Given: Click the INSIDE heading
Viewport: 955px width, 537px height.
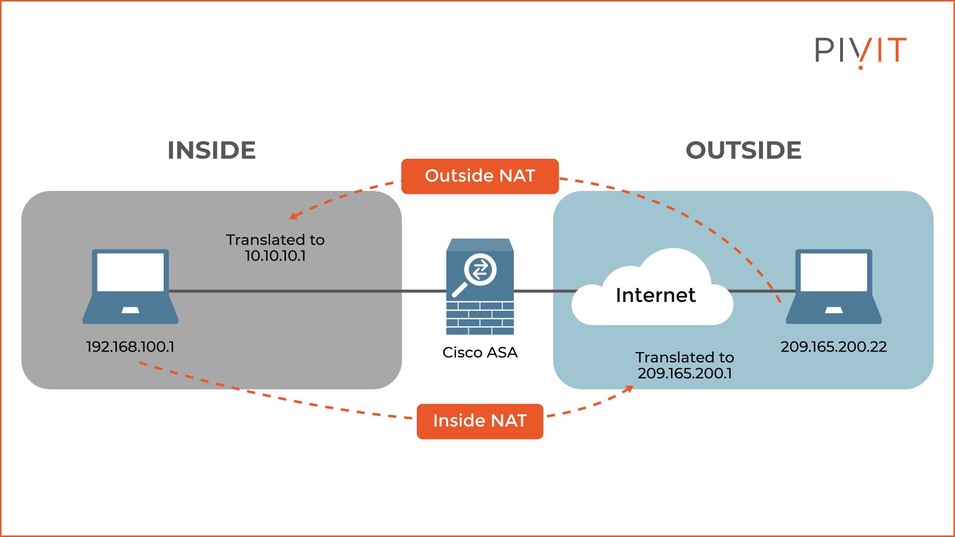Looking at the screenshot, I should (x=211, y=150).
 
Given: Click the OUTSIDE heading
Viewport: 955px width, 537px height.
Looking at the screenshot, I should (x=743, y=150).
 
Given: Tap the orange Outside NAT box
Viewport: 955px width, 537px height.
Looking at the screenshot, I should (x=479, y=176).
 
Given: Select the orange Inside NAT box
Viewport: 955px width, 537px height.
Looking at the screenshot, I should (x=479, y=421).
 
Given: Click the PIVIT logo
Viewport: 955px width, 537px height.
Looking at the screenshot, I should (x=860, y=51).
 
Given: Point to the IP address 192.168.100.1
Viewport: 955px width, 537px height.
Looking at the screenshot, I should (x=130, y=347).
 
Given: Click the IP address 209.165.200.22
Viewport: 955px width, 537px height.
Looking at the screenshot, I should (x=833, y=347).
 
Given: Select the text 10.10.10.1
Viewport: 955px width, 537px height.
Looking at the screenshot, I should (x=275, y=256).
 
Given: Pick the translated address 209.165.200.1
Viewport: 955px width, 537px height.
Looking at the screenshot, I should (x=684, y=373).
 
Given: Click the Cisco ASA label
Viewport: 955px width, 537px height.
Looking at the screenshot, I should (x=479, y=353).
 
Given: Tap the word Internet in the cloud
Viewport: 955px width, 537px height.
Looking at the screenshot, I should (x=655, y=295).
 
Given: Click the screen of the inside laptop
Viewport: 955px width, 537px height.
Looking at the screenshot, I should (x=130, y=272).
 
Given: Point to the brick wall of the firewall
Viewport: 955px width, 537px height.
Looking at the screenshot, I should (x=479, y=318).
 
